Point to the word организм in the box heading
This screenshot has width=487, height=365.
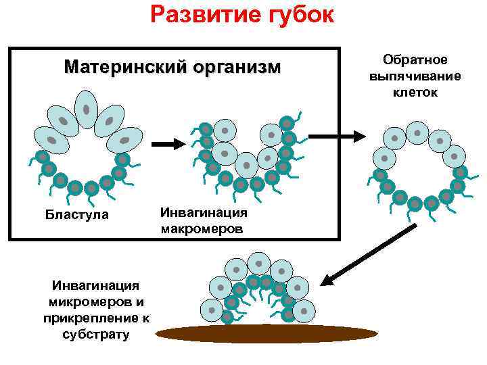(x=235, y=68)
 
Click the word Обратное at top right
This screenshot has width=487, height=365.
(x=415, y=60)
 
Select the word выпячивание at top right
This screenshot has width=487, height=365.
(x=415, y=76)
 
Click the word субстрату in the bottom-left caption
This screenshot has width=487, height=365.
(x=95, y=333)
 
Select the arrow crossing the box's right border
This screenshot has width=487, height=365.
(x=350, y=136)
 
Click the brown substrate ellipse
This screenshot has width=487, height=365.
(x=268, y=333)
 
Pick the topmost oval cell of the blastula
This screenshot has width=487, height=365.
(x=87, y=109)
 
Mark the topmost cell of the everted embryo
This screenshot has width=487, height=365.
(x=417, y=132)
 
